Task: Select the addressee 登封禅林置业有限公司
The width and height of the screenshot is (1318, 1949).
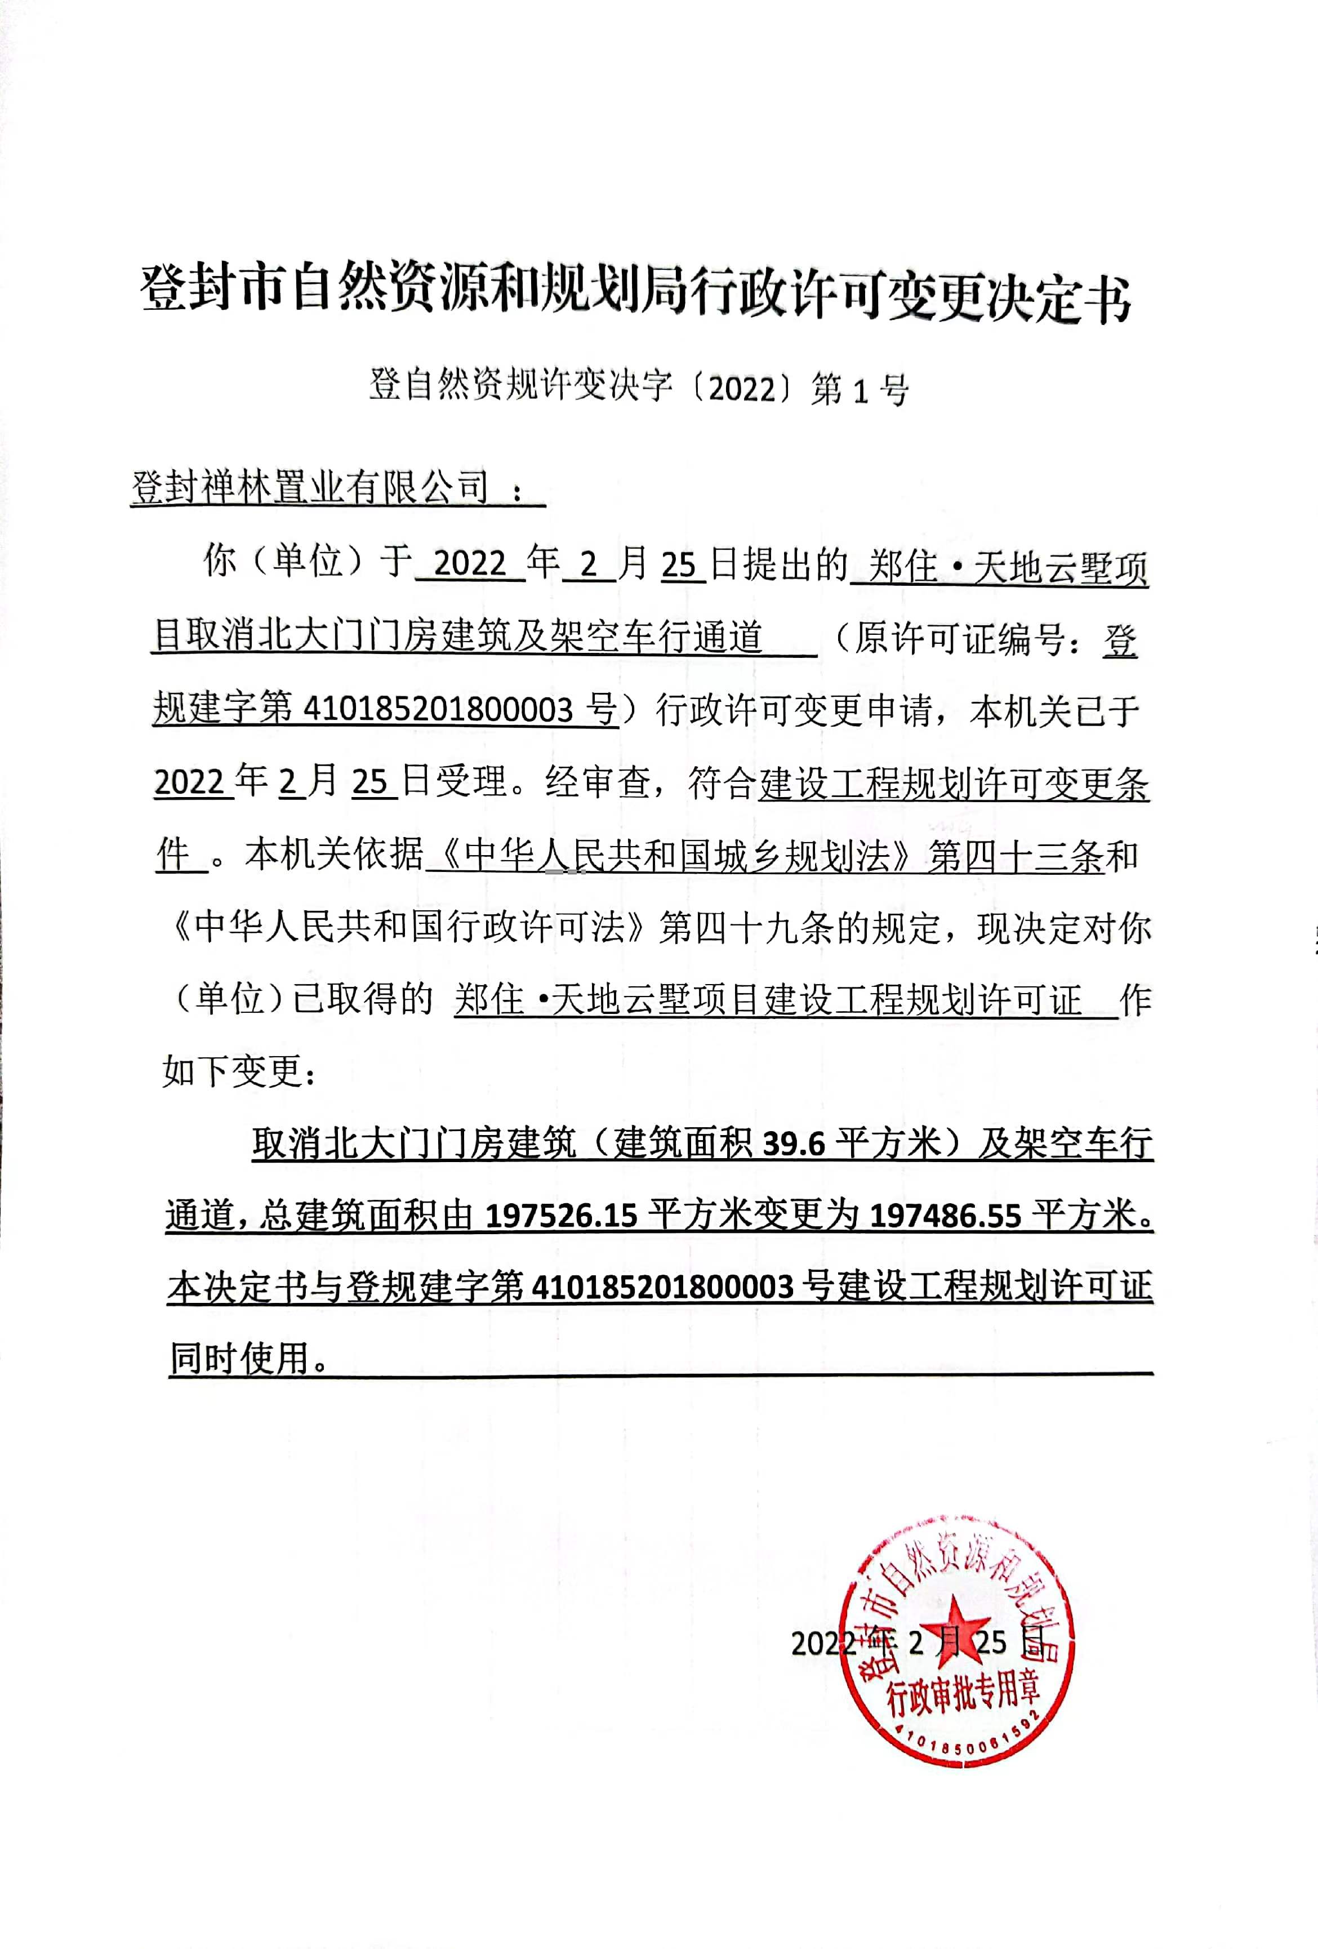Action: [310, 487]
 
